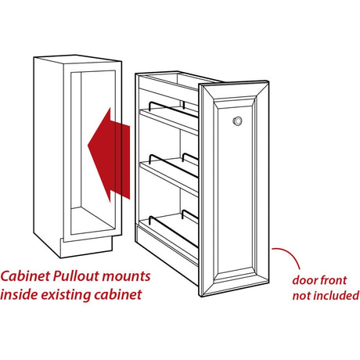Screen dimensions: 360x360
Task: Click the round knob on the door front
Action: pos(237,121)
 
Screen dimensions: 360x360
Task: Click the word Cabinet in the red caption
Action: pos(25,276)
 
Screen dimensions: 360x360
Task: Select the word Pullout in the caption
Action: pos(77,276)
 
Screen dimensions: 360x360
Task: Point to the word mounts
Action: pos(127,277)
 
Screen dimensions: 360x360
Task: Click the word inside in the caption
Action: pos(19,295)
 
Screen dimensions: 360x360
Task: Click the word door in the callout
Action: pos(304,280)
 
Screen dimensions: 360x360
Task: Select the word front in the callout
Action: pos(333,280)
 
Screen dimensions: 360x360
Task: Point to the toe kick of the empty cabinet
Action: pos(86,247)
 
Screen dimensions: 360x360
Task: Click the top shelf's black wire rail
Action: pos(173,108)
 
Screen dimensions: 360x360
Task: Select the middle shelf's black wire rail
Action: pos(173,164)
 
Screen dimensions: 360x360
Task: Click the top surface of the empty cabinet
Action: pos(77,59)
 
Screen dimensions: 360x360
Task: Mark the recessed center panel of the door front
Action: pos(235,188)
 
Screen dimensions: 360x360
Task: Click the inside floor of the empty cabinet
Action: pos(92,221)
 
